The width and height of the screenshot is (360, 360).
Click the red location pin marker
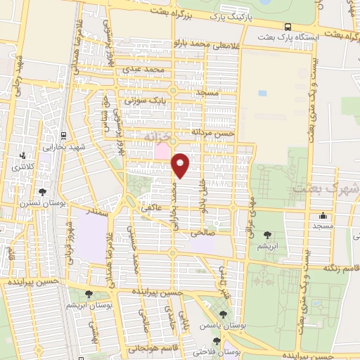181,165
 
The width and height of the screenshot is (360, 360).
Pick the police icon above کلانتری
23,155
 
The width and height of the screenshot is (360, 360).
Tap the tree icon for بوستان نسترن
43,191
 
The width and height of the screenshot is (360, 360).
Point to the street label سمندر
95,210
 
